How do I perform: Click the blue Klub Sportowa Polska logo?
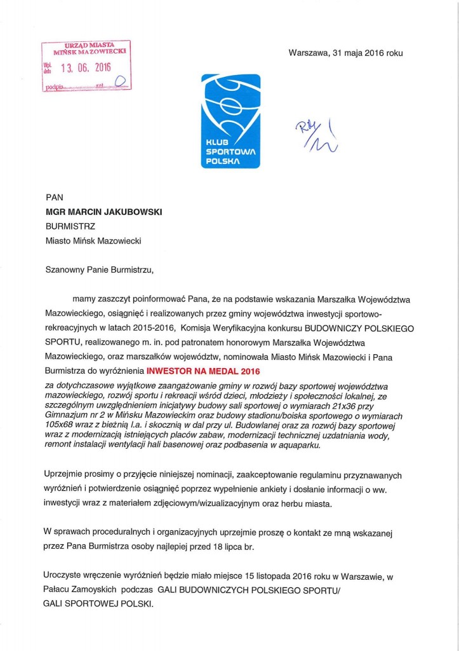click(230, 121)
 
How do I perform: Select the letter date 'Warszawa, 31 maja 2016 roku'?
click(345, 53)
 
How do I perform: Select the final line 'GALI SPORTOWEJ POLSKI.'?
click(99, 603)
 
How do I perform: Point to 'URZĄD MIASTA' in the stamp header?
click(89, 45)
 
